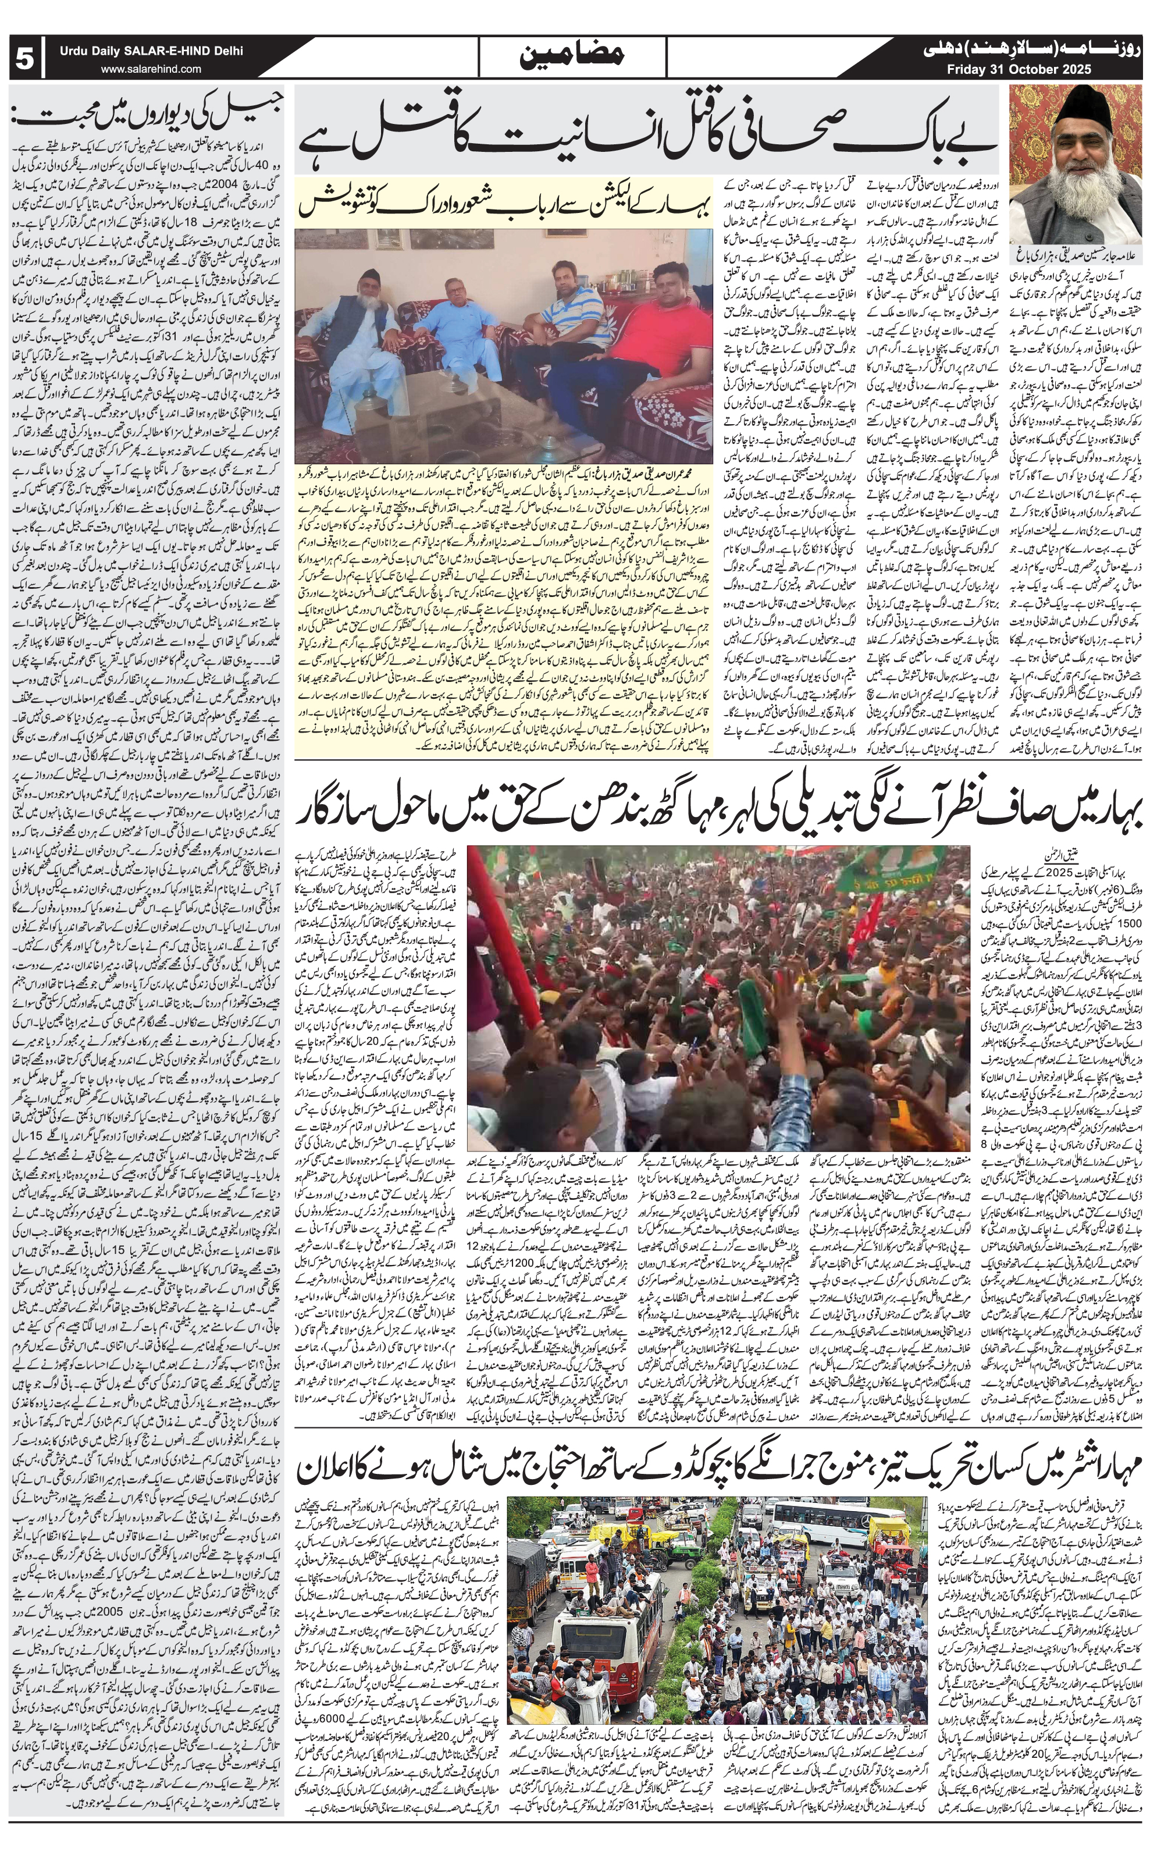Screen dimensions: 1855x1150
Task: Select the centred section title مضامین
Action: (x=574, y=57)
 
